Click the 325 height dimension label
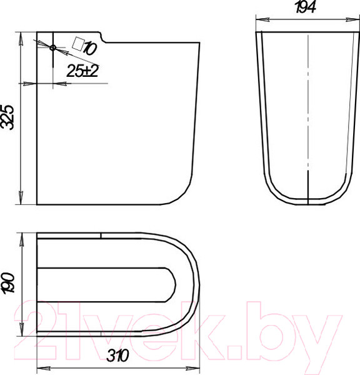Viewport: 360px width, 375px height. click(7, 117)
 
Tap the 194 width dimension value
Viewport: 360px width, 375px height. click(306, 7)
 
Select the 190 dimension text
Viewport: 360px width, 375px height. click(9, 283)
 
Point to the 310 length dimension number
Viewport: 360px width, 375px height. click(118, 355)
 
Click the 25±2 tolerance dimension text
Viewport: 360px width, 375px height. click(82, 71)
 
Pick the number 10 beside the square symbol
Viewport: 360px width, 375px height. click(90, 48)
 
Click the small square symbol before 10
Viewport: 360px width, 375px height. click(78, 44)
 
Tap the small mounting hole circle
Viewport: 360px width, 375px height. click(53, 48)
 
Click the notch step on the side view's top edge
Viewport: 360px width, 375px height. click(103, 37)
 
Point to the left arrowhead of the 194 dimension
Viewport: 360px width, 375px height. click(262, 19)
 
